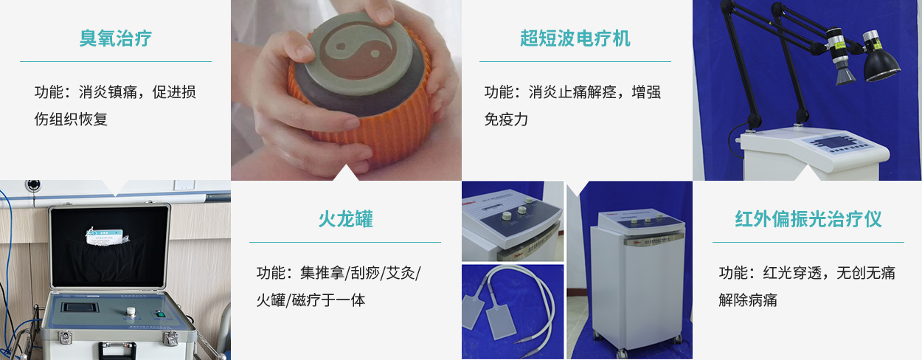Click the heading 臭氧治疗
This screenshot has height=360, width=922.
tap(116, 38)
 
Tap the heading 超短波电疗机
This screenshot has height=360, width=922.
tap(575, 38)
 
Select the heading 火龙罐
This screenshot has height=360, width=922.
tap(346, 219)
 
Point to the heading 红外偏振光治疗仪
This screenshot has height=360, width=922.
tap(808, 219)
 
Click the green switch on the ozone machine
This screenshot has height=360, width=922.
tap(160, 314)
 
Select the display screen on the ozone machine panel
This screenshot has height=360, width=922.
tap(80, 308)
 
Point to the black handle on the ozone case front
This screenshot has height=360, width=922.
tap(117, 350)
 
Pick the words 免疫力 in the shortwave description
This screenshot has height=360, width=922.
tap(506, 120)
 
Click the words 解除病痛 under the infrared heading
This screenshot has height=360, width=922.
tap(748, 300)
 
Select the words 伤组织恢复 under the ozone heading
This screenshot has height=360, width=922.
tap(71, 120)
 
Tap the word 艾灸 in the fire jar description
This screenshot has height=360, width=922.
tap(401, 273)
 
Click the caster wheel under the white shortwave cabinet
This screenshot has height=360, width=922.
tap(621, 353)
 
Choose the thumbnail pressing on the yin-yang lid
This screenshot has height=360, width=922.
tap(383, 15)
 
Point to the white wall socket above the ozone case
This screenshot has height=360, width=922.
tap(181, 184)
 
